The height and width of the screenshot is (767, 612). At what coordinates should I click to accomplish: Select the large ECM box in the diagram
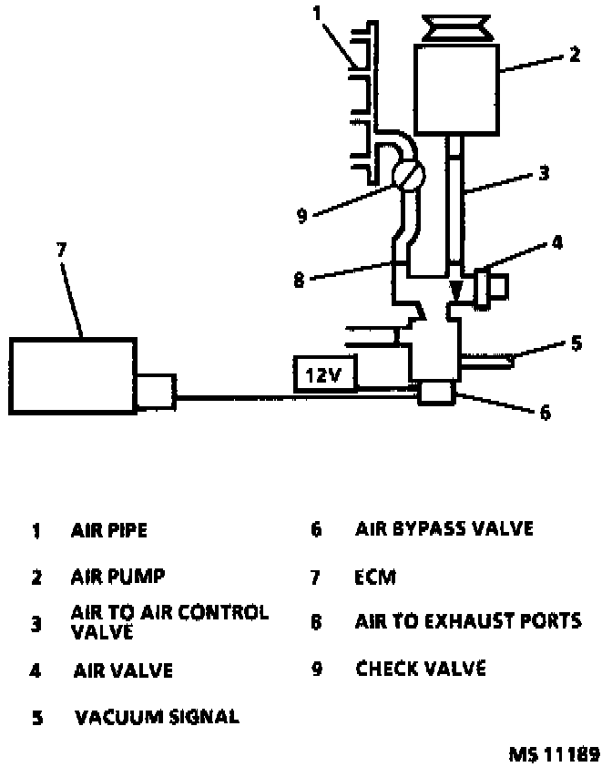click(x=73, y=376)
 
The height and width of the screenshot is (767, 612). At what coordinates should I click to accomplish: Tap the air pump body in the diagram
click(x=455, y=88)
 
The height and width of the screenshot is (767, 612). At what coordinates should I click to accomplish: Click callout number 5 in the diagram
click(x=576, y=344)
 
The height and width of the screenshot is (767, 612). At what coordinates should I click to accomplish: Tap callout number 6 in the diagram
click(x=546, y=413)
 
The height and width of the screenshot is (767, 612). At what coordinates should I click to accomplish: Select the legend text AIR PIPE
click(x=108, y=529)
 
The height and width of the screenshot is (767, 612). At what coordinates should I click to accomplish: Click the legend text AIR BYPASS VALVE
click(x=444, y=528)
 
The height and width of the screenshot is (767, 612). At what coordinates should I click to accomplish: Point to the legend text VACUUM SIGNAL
click(x=157, y=717)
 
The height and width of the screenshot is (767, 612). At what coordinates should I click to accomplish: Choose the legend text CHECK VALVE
click(x=420, y=669)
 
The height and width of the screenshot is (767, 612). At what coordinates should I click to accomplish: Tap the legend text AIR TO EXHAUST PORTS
click(x=467, y=621)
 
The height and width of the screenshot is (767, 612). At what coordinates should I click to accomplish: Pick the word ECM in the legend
click(x=375, y=578)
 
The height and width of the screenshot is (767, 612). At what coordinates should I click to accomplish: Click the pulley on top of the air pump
click(x=455, y=27)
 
